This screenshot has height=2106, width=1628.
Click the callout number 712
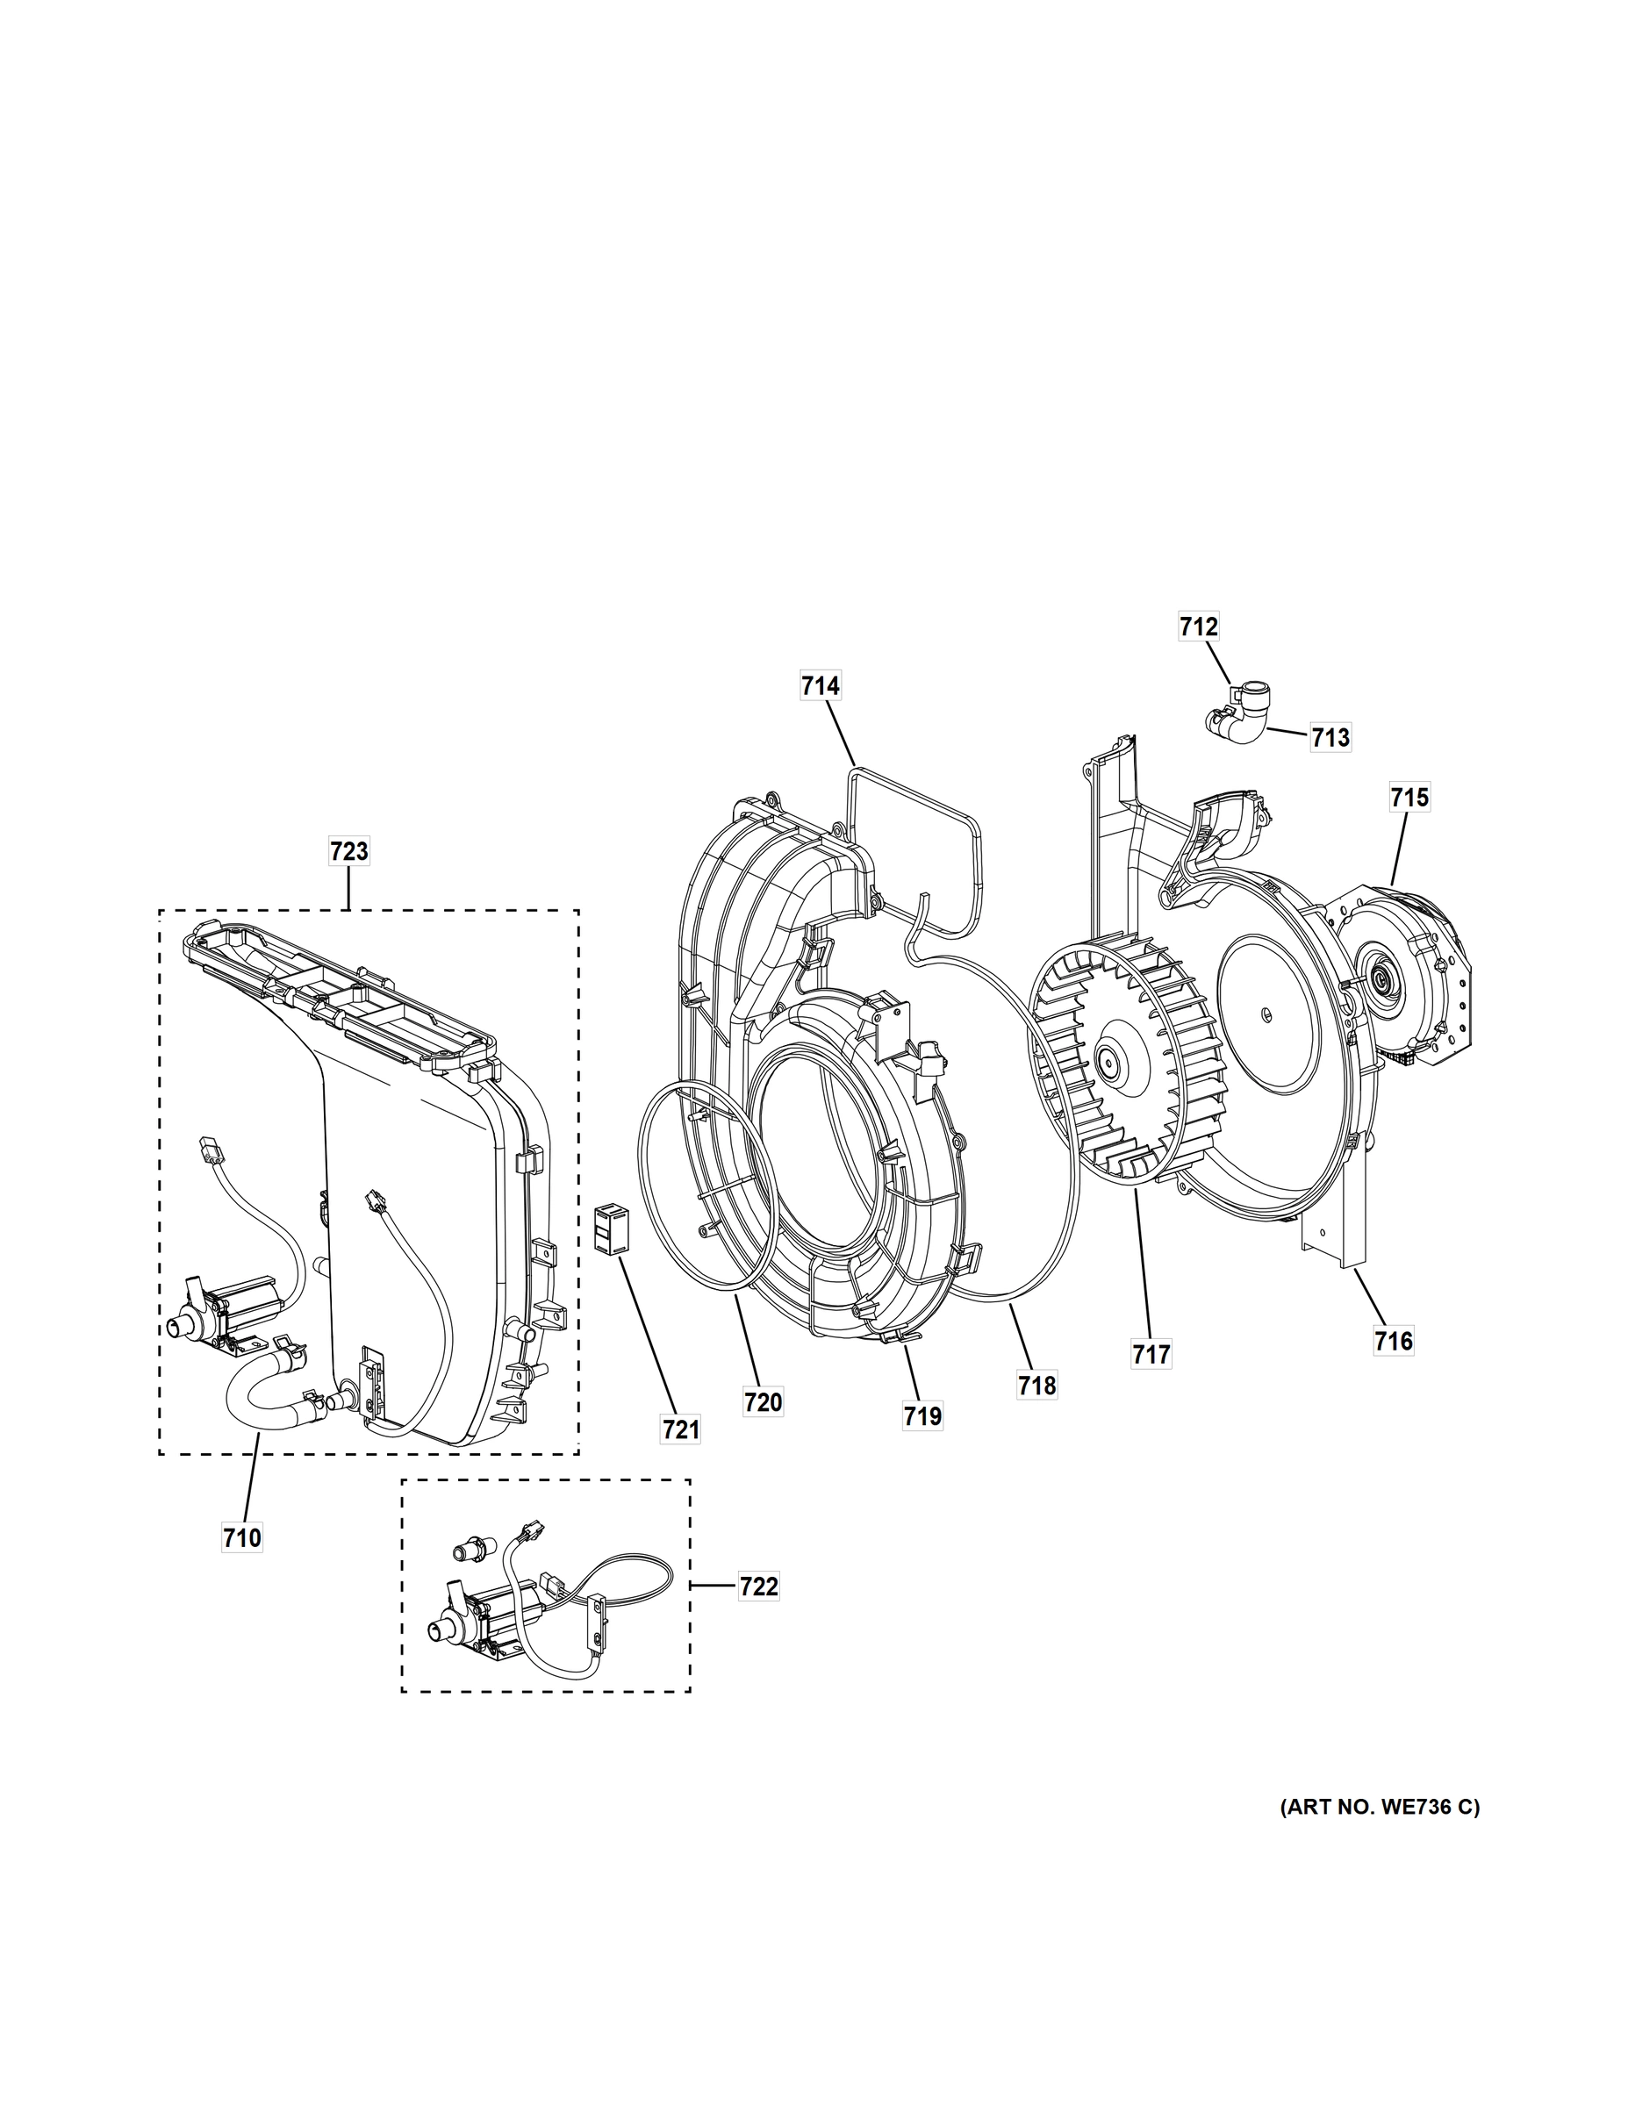1198,627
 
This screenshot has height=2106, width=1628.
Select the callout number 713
1330,739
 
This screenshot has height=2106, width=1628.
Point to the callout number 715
1409,798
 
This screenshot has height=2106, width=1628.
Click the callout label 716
1394,1340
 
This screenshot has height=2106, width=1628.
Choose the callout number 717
1151,1354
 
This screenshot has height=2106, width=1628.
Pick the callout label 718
1036,1386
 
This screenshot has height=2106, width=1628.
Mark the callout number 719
923,1415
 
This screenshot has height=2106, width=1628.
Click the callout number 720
763,1401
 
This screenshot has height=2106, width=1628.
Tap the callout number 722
758,1587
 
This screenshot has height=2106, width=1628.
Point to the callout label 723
349,851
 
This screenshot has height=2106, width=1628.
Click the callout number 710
242,1538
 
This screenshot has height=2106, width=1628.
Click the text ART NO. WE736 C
1379,1807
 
